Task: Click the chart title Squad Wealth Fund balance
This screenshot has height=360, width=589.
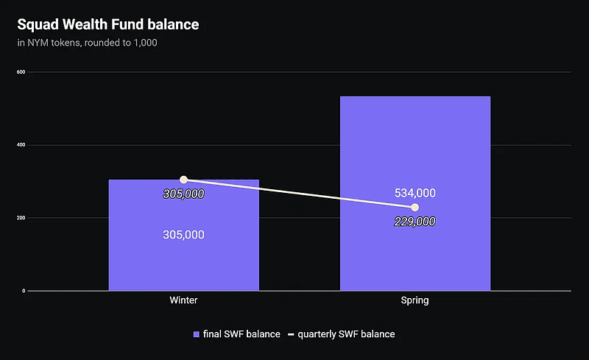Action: coord(108,25)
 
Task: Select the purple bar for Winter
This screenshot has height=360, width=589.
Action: coord(183,258)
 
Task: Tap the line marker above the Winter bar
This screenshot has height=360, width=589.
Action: coord(183,180)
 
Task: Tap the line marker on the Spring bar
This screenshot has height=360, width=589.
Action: coord(415,208)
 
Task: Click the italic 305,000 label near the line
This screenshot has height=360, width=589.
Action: coord(183,194)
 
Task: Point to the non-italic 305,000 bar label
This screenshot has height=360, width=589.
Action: coord(183,235)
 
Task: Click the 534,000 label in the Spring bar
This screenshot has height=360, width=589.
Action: coord(415,193)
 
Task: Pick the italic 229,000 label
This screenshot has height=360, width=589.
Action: coord(415,222)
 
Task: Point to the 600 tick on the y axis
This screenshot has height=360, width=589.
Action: coord(21,72)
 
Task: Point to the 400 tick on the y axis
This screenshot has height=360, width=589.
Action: coord(21,145)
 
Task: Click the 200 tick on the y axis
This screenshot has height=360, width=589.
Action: coord(21,218)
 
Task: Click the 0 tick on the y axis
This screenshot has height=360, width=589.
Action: coord(24,291)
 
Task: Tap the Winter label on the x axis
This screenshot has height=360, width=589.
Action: coord(183,301)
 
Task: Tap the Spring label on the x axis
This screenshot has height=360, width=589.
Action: coord(415,301)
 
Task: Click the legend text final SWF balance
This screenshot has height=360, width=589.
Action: coord(241,334)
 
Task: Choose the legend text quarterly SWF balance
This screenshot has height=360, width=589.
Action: coord(346,334)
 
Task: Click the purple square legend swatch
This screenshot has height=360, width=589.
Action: coord(197,334)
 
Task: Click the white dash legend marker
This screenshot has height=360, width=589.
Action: coord(291,335)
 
